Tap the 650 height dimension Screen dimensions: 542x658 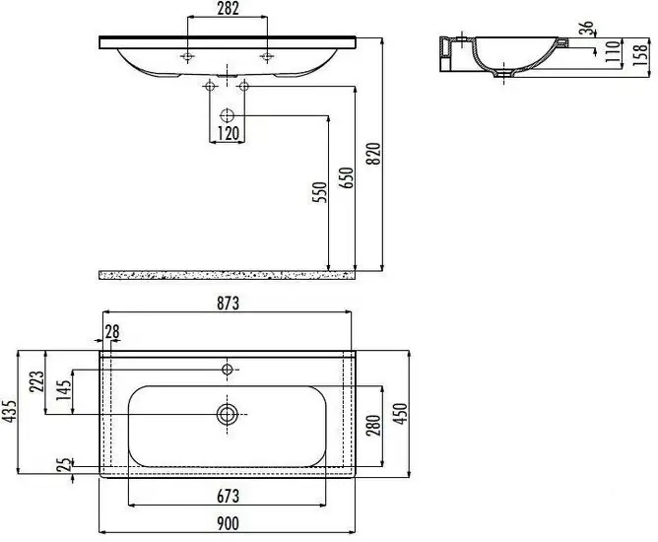coord(345,178)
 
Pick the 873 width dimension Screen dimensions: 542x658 coord(227,303)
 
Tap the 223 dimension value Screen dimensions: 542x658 coord(35,382)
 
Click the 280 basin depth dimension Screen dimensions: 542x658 coord(374,424)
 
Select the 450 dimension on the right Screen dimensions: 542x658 coord(402,413)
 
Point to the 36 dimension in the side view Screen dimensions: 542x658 coord(589,29)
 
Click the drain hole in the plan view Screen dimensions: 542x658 coord(228,414)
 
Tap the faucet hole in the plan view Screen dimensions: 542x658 coord(228,370)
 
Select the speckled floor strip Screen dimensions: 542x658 coord(227,272)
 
